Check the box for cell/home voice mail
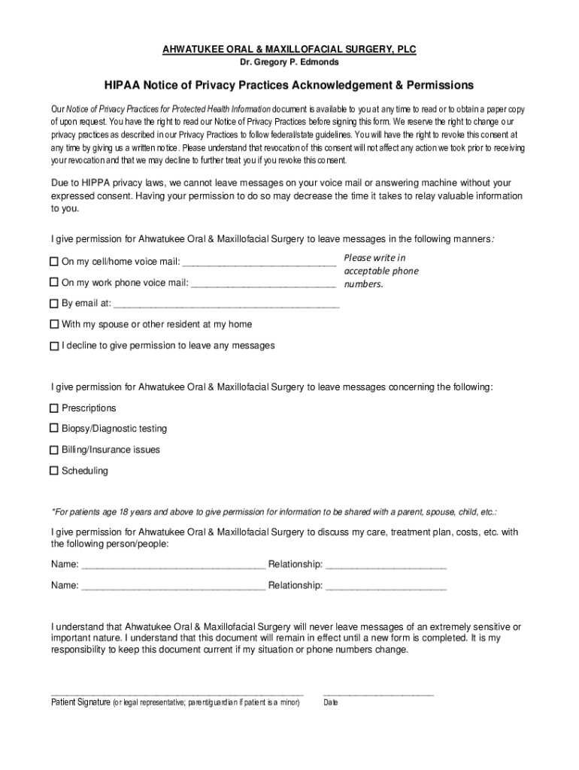(54, 262)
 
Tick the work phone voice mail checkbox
(54, 282)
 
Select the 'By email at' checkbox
(54, 303)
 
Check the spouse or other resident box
(54, 324)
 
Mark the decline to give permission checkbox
(54, 346)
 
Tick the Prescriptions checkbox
(54, 408)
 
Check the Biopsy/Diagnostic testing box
(54, 428)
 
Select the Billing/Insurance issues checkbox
(54, 449)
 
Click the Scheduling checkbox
(54, 471)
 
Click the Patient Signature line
(177, 693)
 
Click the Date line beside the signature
(378, 693)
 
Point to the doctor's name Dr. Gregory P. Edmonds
(289, 62)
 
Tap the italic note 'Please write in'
(374, 258)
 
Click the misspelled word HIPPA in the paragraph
(95, 183)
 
